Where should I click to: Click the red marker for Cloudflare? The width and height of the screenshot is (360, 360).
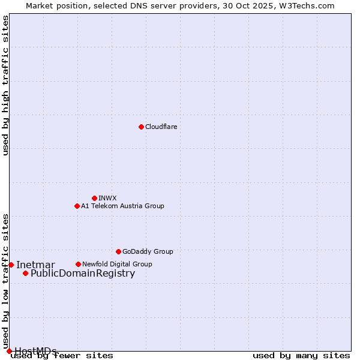[x=141, y=127]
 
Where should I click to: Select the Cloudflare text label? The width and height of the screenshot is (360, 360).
[x=161, y=127]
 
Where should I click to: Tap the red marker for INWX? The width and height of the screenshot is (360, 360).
[x=94, y=198]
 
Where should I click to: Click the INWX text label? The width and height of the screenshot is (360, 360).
[x=107, y=198]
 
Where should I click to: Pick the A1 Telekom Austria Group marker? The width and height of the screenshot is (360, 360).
[x=77, y=206]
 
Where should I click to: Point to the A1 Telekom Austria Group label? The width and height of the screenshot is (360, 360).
[x=122, y=206]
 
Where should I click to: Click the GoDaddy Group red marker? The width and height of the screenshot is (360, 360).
[x=118, y=251]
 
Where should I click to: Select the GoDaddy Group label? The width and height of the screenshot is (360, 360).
[x=148, y=251]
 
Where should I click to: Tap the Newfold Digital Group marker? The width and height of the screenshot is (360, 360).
[x=78, y=264]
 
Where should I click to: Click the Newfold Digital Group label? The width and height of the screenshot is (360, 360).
[x=117, y=264]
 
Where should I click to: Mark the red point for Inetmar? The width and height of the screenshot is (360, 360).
[x=11, y=265]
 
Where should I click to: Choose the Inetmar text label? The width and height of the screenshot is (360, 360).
[x=35, y=265]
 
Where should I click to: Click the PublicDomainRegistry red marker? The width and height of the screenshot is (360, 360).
[x=25, y=273]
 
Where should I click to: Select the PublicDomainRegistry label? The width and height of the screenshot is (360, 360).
[x=83, y=274]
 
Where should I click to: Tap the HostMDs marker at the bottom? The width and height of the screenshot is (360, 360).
[x=9, y=351]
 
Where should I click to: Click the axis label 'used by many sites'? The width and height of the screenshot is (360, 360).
[x=301, y=356]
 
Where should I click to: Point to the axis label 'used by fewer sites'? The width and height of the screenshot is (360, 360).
[x=62, y=356]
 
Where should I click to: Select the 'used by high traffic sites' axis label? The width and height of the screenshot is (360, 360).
[x=6, y=85]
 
